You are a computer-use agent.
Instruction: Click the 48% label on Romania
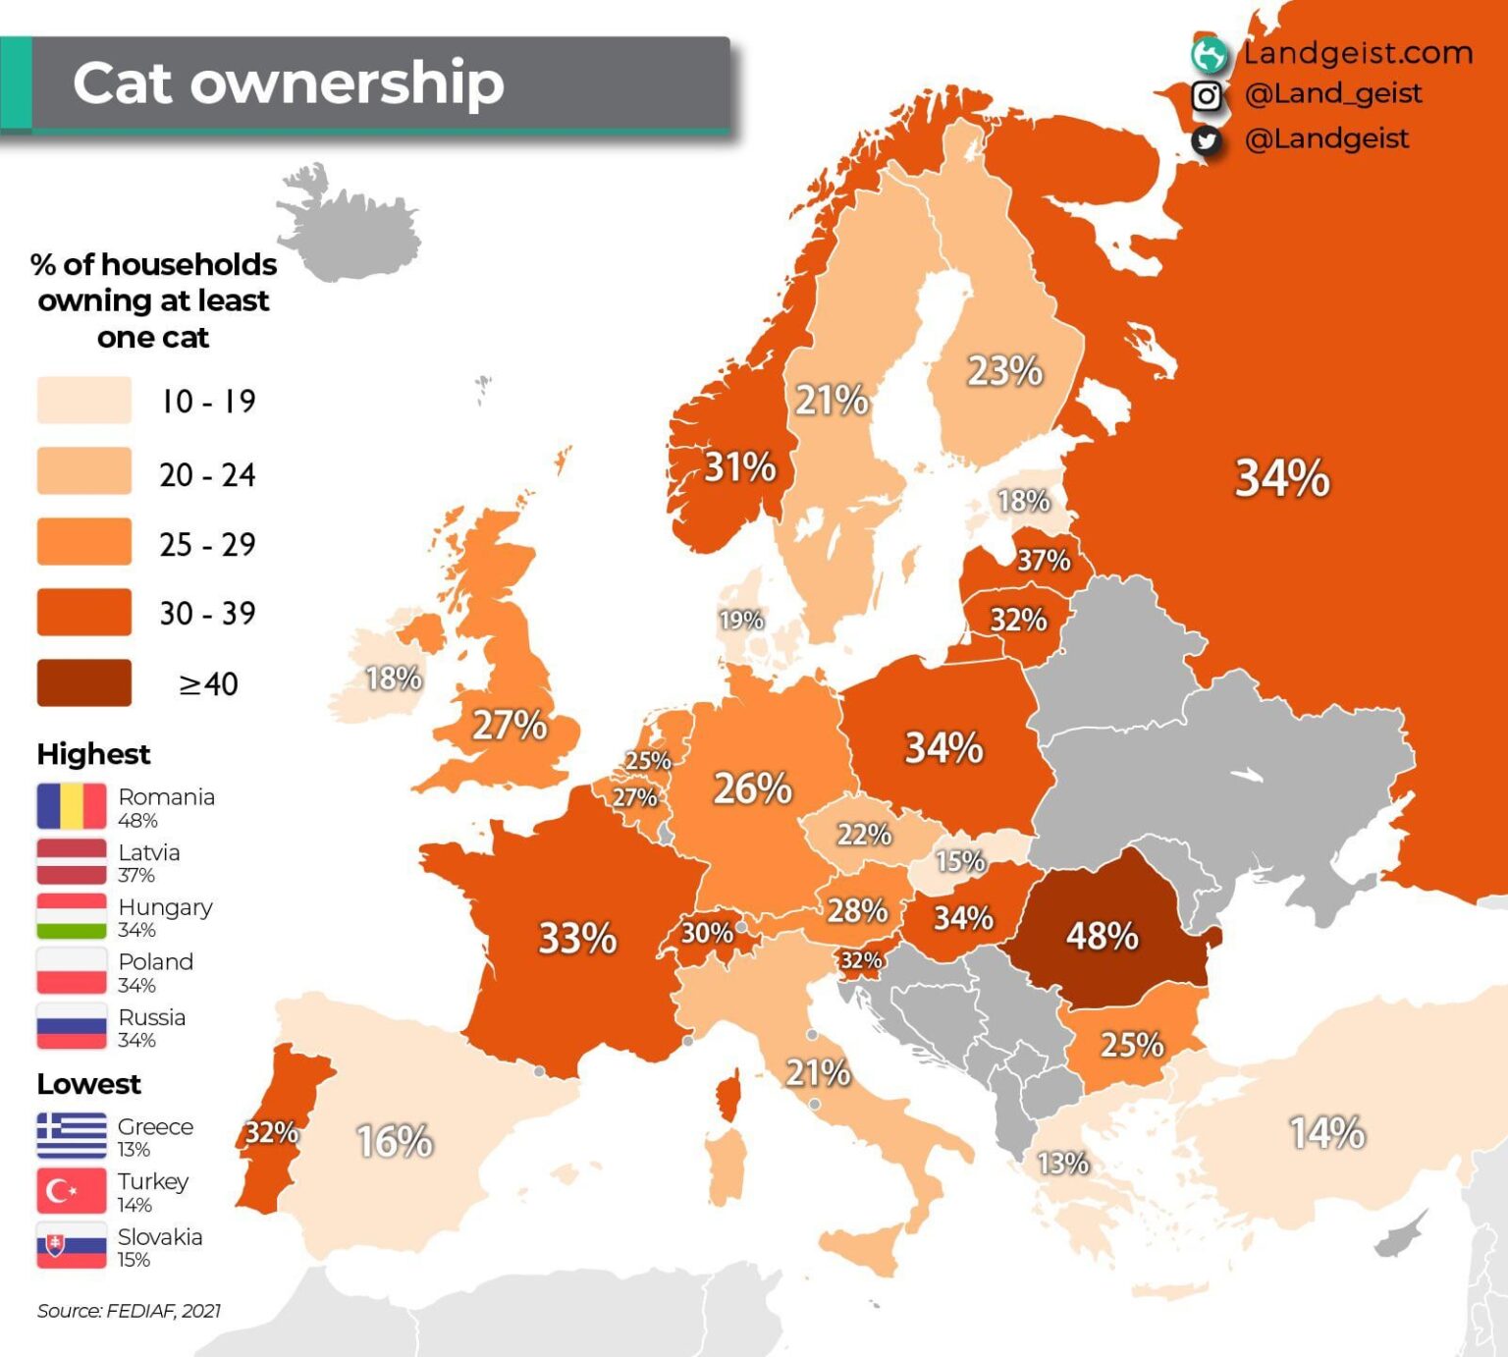(1102, 935)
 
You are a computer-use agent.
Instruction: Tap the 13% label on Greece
(1062, 1164)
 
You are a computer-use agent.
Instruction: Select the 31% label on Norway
(739, 466)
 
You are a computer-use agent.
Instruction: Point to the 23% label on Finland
(1004, 371)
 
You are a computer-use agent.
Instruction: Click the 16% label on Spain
(394, 1141)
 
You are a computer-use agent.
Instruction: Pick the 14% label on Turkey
(1326, 1133)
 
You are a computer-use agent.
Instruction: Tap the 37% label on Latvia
(1043, 560)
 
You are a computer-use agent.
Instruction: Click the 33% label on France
(577, 938)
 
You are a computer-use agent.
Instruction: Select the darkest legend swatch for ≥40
(84, 682)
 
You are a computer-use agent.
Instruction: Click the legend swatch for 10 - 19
(84, 400)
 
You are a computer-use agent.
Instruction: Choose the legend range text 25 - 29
(207, 544)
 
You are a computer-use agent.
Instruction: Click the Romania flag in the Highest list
(72, 806)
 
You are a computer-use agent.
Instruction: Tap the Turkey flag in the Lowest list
(72, 1191)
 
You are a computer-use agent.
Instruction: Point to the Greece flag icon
(72, 1136)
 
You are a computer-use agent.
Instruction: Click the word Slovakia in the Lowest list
(160, 1237)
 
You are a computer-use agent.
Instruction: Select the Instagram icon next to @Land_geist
(1207, 95)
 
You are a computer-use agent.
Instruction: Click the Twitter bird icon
(1207, 140)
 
